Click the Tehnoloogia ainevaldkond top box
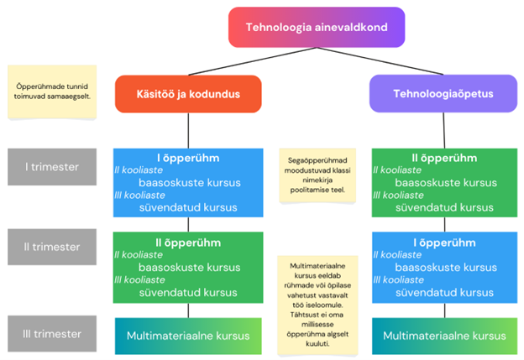click(x=316, y=27)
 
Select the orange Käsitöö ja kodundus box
click(x=188, y=94)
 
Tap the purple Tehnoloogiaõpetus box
click(x=432, y=94)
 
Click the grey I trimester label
click(x=52, y=167)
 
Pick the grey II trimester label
click(x=52, y=247)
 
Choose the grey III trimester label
click(x=52, y=334)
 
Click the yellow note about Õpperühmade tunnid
click(x=52, y=91)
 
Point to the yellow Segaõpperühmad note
click(x=317, y=176)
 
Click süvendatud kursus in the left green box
click(x=188, y=293)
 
